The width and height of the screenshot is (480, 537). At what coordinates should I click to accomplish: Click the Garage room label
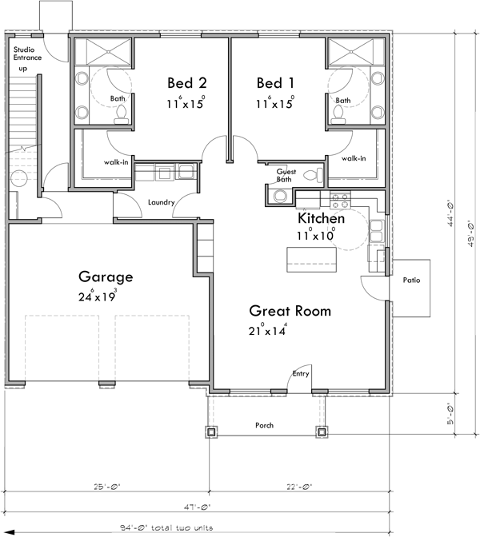pos(105,277)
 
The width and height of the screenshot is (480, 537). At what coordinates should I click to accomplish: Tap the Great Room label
pos(290,310)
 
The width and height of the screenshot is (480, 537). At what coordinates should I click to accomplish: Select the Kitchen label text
pos(321,218)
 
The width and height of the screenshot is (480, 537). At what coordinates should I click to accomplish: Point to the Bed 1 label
pos(274,83)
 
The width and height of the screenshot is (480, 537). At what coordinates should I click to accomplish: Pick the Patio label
pos(412,281)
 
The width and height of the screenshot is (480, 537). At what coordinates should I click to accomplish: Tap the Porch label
pos(264,425)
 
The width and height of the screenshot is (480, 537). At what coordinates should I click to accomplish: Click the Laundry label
pos(162,203)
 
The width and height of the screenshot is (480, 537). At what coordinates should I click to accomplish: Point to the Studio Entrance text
pos(29,54)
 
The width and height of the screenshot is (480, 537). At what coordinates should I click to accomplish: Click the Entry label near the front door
pos(301,373)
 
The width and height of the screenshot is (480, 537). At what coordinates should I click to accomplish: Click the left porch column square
pos(212,432)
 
